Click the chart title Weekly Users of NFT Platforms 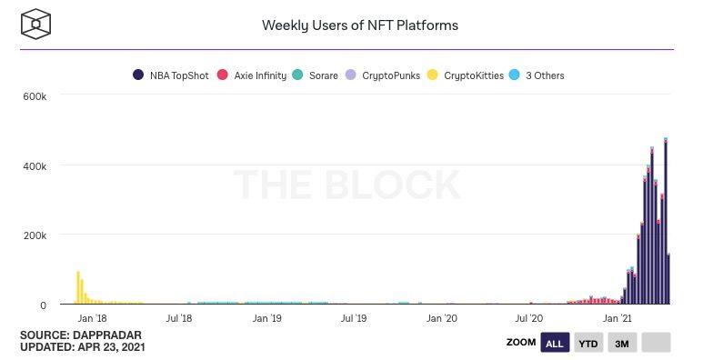click(x=359, y=25)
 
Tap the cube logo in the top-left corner click(x=35, y=24)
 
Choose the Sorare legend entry click(x=316, y=75)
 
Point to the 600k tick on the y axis click(x=47, y=95)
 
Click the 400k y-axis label click(x=47, y=165)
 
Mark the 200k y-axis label click(x=47, y=235)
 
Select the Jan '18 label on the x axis click(x=92, y=319)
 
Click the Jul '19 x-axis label click(x=354, y=319)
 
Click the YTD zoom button click(x=588, y=343)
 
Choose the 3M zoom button click(x=622, y=343)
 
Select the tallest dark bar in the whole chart click(x=666, y=223)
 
